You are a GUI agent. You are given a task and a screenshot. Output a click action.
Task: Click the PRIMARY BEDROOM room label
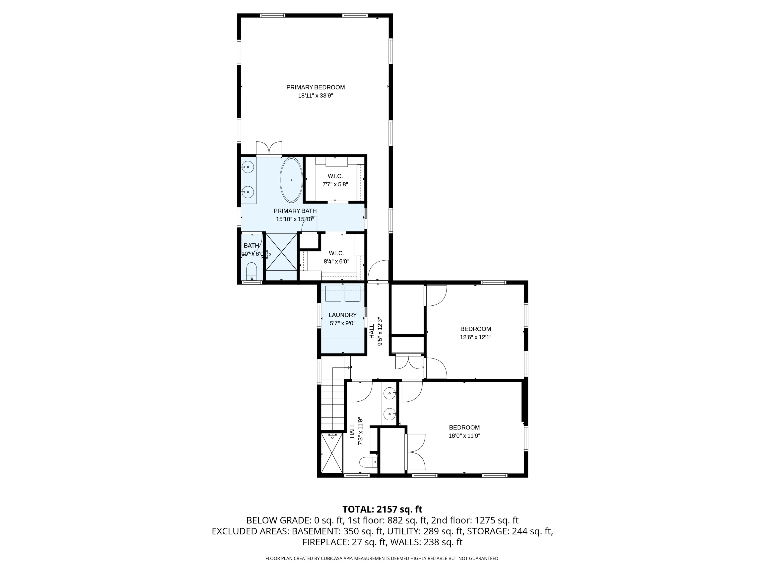point(316,87)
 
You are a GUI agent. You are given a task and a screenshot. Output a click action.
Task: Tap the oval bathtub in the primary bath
point(291,180)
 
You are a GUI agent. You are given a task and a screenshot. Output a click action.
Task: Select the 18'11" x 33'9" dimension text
point(316,95)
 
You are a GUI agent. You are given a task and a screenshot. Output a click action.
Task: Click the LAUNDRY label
point(342,315)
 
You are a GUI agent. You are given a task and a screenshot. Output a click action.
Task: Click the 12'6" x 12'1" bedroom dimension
point(476,337)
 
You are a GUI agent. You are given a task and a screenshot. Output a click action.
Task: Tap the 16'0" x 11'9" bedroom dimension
point(464,435)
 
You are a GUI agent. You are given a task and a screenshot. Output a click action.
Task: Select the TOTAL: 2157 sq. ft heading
point(382,509)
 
